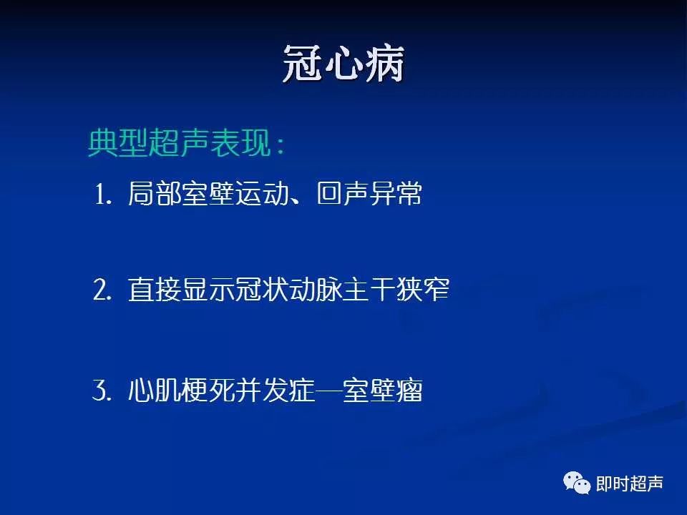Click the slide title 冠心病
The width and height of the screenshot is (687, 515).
[343, 64]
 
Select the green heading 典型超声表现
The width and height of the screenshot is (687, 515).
[180, 143]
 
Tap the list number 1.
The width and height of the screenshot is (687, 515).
[103, 194]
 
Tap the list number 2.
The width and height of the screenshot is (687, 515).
[102, 290]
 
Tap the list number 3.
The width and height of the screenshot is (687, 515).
[102, 390]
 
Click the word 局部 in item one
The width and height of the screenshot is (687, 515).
[155, 193]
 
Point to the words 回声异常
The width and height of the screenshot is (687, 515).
[369, 193]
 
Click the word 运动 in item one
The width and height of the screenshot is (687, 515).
[262, 193]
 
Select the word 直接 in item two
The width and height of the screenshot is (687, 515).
[155, 289]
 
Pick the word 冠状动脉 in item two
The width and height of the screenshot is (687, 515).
[288, 289]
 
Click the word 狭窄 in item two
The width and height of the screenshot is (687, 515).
[423, 289]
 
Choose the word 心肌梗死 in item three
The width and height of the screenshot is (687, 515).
[181, 390]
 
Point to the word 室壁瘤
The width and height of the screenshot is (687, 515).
[382, 390]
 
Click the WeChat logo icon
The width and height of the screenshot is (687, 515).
[577, 483]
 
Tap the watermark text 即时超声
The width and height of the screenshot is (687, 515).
[630, 484]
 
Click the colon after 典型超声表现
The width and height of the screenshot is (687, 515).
[281, 144]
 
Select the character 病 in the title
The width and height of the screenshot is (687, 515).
[384, 64]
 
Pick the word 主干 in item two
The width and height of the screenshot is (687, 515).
[369, 289]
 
